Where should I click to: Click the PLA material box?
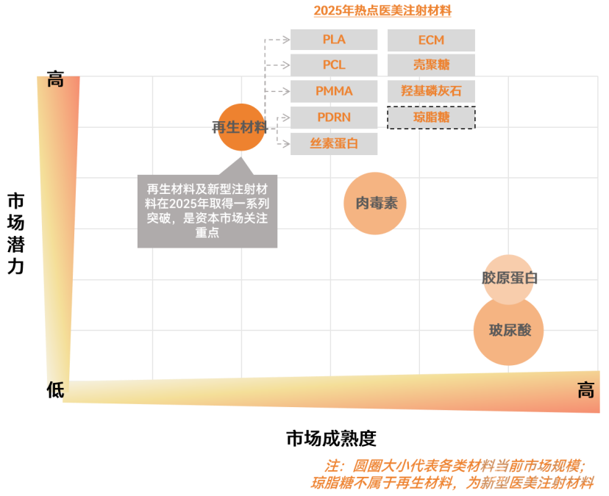tap(334, 40)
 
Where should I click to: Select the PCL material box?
tap(334, 65)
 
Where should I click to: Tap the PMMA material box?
tap(334, 91)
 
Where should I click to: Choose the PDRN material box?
tap(334, 117)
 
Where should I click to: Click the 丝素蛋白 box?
tap(334, 143)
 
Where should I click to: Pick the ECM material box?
tap(431, 40)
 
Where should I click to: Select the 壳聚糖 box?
tap(431, 65)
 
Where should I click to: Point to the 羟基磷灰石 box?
tap(431, 91)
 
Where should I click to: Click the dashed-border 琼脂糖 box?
tap(431, 117)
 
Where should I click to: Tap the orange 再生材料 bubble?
tap(241, 127)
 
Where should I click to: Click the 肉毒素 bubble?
tap(376, 204)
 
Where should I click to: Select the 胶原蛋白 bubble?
tap(509, 278)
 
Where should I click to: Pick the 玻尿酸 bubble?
tap(509, 330)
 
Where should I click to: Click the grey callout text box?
tap(207, 210)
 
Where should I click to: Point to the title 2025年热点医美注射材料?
tap(382, 10)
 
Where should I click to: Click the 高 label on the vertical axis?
tap(55, 81)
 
